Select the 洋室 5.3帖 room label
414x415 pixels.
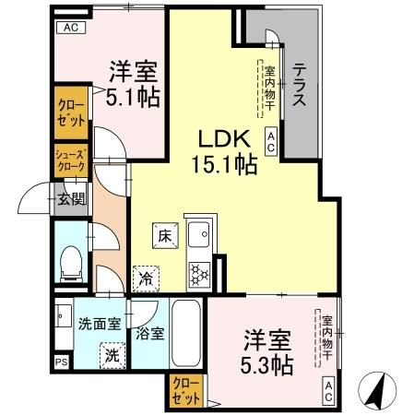pos(268,352)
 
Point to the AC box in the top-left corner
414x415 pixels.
pos(71,28)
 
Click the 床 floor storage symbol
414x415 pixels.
pos(164,235)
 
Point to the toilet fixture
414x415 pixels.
pos(70,264)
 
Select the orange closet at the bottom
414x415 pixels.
pos(183,393)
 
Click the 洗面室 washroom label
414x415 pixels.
pos(100,324)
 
